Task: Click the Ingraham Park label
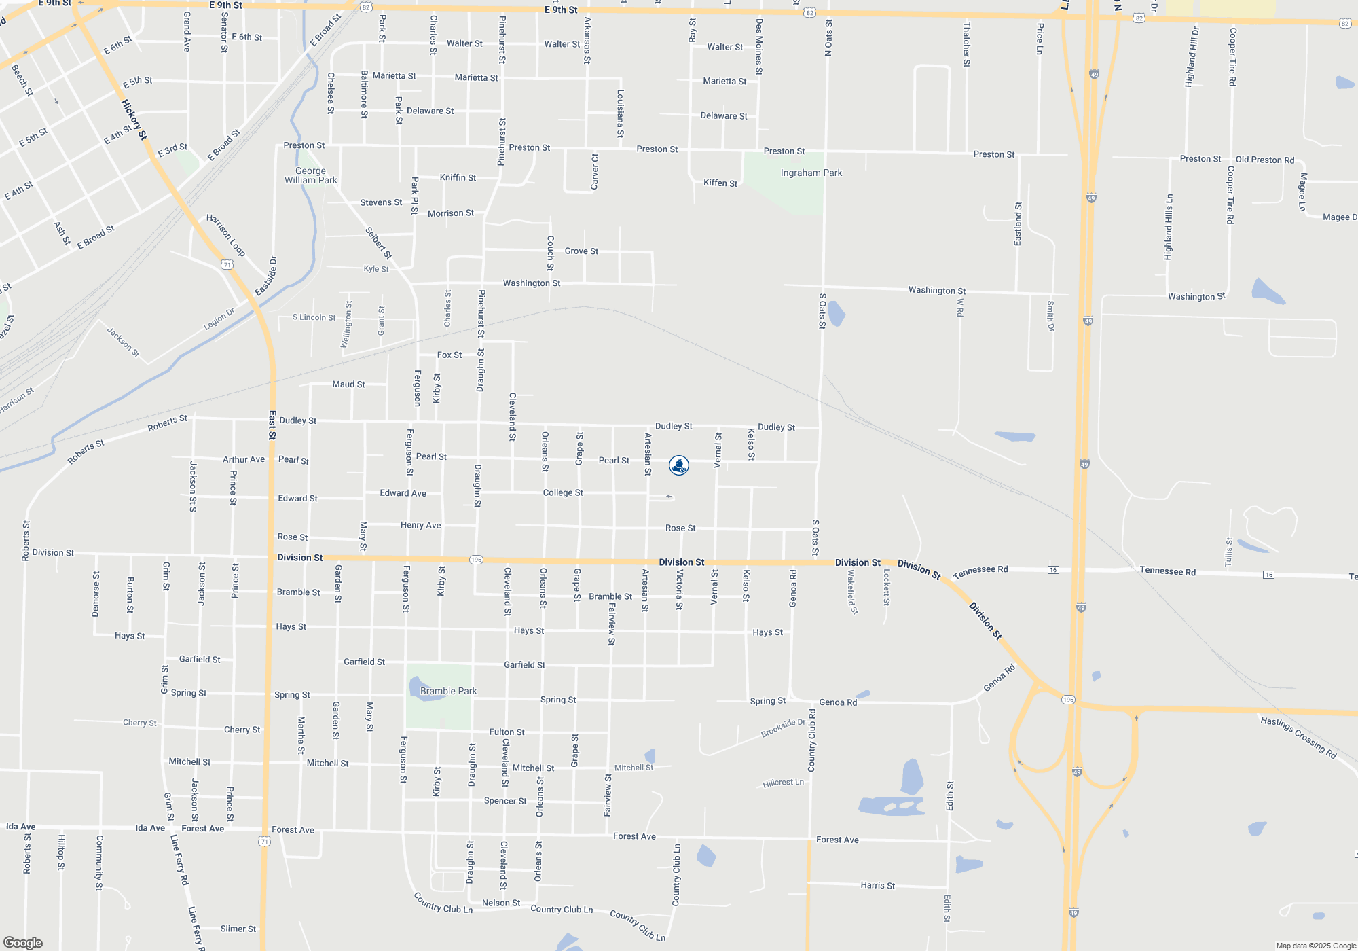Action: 811,173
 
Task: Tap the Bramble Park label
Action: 448,692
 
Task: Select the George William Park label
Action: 311,176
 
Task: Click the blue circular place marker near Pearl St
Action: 679,465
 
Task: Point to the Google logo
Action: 22,943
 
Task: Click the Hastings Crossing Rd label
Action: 1298,738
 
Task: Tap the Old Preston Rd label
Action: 1264,160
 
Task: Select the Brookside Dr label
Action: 783,728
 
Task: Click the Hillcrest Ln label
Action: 783,783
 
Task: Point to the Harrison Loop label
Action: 225,235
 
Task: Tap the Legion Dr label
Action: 219,319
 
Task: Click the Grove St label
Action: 581,251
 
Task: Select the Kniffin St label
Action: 458,178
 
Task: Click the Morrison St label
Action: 451,213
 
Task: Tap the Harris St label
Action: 877,886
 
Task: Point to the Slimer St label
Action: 238,929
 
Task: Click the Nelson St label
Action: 500,903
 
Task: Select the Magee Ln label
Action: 1302,192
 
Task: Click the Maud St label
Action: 348,384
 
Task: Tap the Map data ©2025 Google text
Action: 1315,946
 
